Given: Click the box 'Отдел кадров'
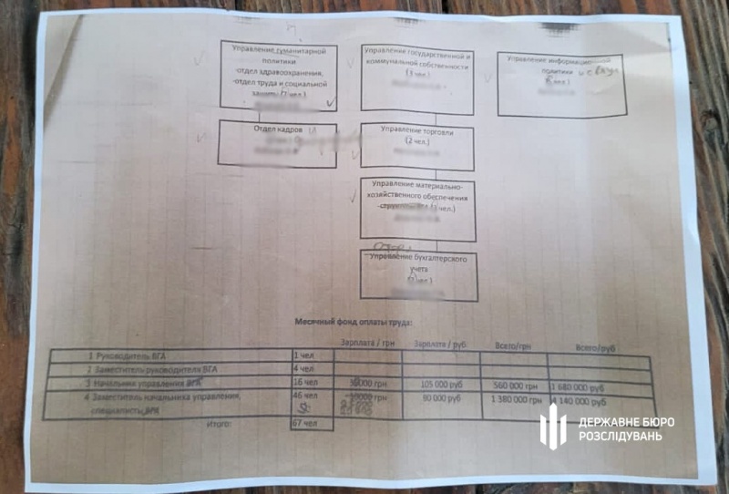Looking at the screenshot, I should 277,145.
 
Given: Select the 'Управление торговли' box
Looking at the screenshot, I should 416,147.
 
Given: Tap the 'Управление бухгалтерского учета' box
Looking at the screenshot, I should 418,274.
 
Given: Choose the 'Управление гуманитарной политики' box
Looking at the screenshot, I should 277,77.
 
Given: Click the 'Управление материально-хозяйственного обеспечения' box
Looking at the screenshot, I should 418,209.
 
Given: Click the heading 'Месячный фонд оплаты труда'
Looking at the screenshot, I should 353,323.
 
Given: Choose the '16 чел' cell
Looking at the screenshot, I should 304,383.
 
